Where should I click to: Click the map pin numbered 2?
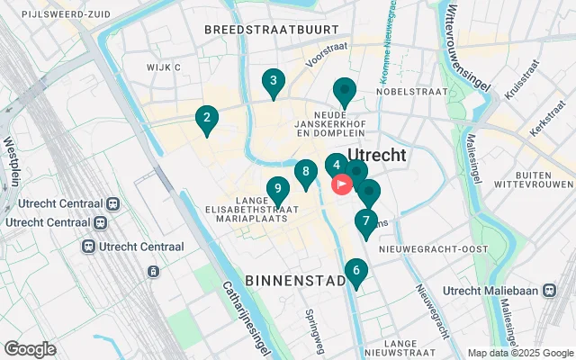click(207, 118)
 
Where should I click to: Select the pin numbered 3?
click(273, 81)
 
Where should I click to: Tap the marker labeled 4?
click(336, 166)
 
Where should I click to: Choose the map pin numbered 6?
click(356, 270)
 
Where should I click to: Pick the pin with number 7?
click(365, 220)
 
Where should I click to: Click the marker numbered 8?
click(306, 171)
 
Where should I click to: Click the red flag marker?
click(343, 184)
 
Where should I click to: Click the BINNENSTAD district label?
click(292, 281)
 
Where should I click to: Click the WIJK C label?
click(165, 67)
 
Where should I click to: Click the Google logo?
click(31, 349)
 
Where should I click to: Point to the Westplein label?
click(13, 161)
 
